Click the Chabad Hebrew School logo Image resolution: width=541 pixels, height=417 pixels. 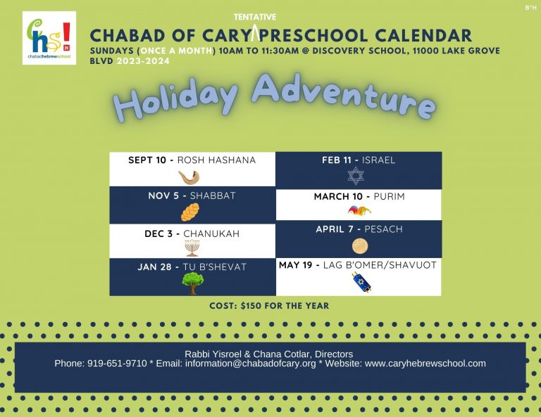tap(49, 38)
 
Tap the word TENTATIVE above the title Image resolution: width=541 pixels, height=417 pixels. tap(255, 17)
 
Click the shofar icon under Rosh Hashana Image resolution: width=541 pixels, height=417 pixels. tap(189, 177)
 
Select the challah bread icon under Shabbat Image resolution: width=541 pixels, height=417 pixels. tap(190, 212)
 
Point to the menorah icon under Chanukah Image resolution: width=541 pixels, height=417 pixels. tap(192, 248)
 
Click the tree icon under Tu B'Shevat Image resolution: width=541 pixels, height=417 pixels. tap(193, 283)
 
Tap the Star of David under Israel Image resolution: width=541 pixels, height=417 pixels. tap(356, 176)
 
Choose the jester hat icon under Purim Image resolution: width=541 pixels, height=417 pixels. tap(359, 210)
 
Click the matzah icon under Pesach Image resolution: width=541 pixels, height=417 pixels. tap(360, 246)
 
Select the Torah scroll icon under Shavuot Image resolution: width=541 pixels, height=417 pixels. tap(361, 283)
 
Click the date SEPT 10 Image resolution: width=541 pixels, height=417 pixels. tap(147, 160)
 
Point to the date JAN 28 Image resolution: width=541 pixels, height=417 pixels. tap(154, 267)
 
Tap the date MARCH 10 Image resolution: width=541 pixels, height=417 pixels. tap(338, 197)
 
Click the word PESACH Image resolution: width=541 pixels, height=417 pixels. tap(383, 229)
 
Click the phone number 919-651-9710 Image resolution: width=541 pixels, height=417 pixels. tap(117, 364)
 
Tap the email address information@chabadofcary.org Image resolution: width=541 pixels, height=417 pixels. tap(251, 364)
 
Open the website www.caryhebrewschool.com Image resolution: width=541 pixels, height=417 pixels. tap(425, 364)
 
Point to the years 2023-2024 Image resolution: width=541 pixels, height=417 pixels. tap(143, 61)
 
